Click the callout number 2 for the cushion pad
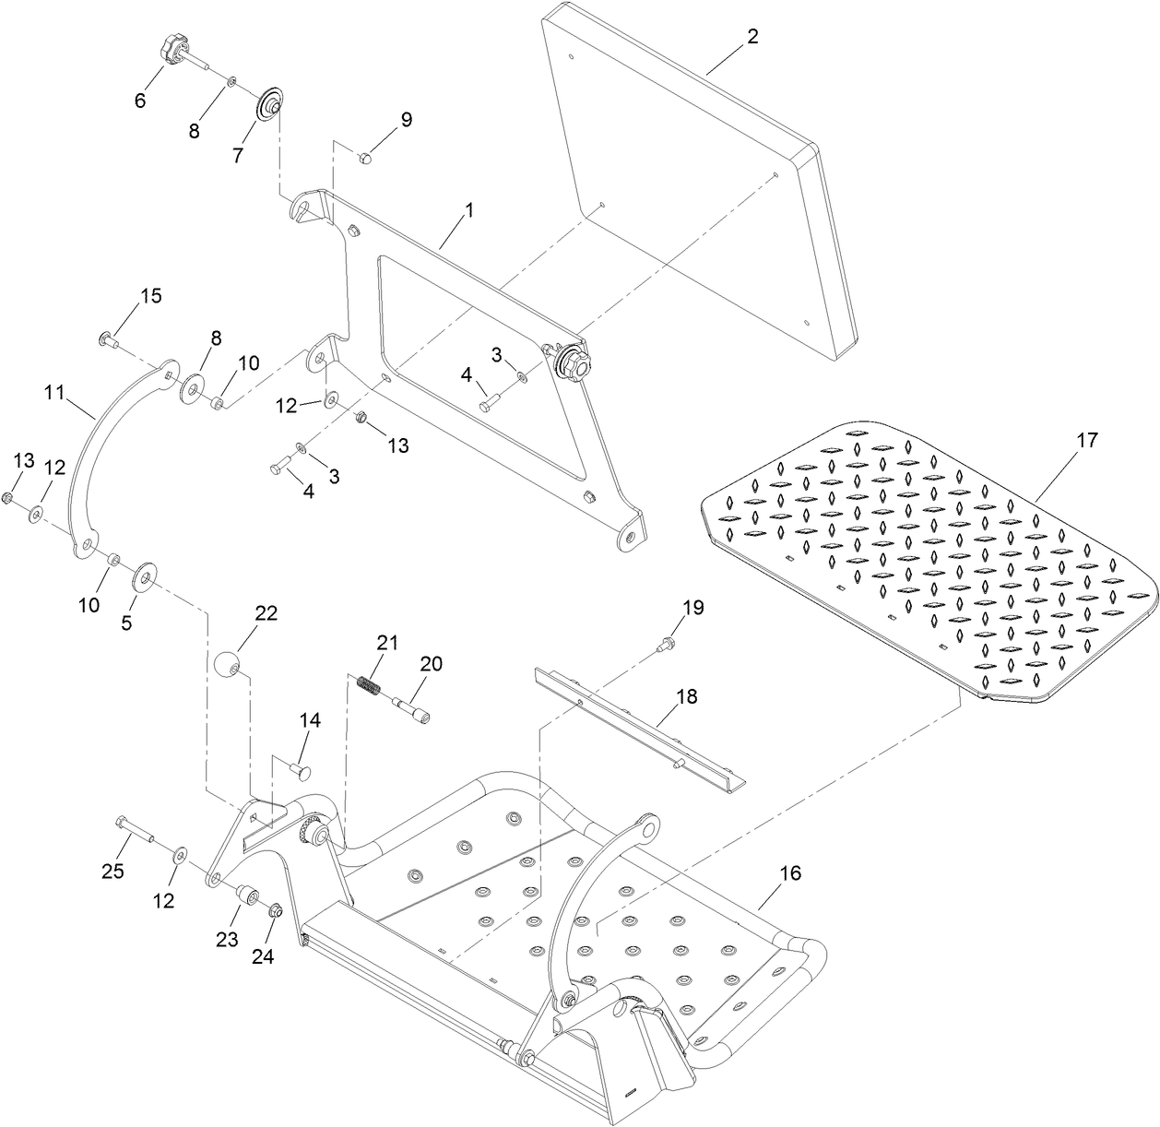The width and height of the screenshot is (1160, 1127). click(752, 37)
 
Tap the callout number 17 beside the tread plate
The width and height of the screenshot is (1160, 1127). click(1087, 440)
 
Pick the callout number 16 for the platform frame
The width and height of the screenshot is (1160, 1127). click(790, 872)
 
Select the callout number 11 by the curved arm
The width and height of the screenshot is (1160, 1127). click(53, 393)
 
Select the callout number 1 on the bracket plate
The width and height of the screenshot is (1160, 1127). click(468, 210)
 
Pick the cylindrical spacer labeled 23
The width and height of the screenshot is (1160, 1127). click(248, 896)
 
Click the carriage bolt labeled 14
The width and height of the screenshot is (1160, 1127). click(301, 768)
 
